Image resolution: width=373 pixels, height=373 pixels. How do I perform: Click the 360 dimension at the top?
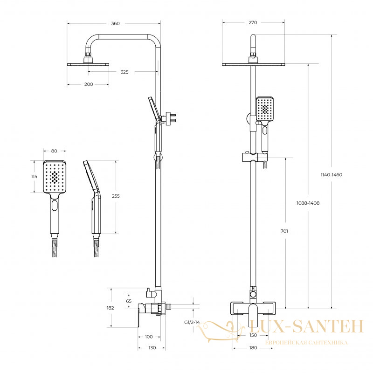(115, 24)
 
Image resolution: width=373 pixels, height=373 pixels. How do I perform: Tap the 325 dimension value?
(124, 72)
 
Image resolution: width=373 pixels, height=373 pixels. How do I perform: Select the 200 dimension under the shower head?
(89, 84)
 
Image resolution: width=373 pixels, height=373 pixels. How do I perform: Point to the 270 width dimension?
(253, 22)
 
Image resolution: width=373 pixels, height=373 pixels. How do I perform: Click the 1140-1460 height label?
(332, 175)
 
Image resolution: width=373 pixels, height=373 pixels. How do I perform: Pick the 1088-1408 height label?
(308, 203)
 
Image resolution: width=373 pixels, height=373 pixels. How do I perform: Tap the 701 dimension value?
(284, 231)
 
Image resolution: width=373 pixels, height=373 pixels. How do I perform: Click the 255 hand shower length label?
(116, 196)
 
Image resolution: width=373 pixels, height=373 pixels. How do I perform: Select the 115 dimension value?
(34, 177)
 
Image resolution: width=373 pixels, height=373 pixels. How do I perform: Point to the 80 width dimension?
(54, 151)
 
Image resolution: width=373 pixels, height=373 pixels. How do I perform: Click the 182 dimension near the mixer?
(111, 308)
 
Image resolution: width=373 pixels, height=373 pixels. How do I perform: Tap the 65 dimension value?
(129, 301)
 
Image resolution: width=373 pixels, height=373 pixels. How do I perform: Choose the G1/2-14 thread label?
(192, 322)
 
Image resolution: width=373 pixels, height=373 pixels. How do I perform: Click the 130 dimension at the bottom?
(152, 348)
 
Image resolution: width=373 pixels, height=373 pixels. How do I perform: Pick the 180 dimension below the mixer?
(253, 348)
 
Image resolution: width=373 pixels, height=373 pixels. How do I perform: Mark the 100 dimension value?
(149, 337)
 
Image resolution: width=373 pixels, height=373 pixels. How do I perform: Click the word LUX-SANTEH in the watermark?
(306, 326)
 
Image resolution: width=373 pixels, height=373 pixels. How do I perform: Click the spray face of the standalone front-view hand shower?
(55, 177)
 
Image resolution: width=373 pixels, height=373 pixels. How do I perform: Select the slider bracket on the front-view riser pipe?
(255, 157)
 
